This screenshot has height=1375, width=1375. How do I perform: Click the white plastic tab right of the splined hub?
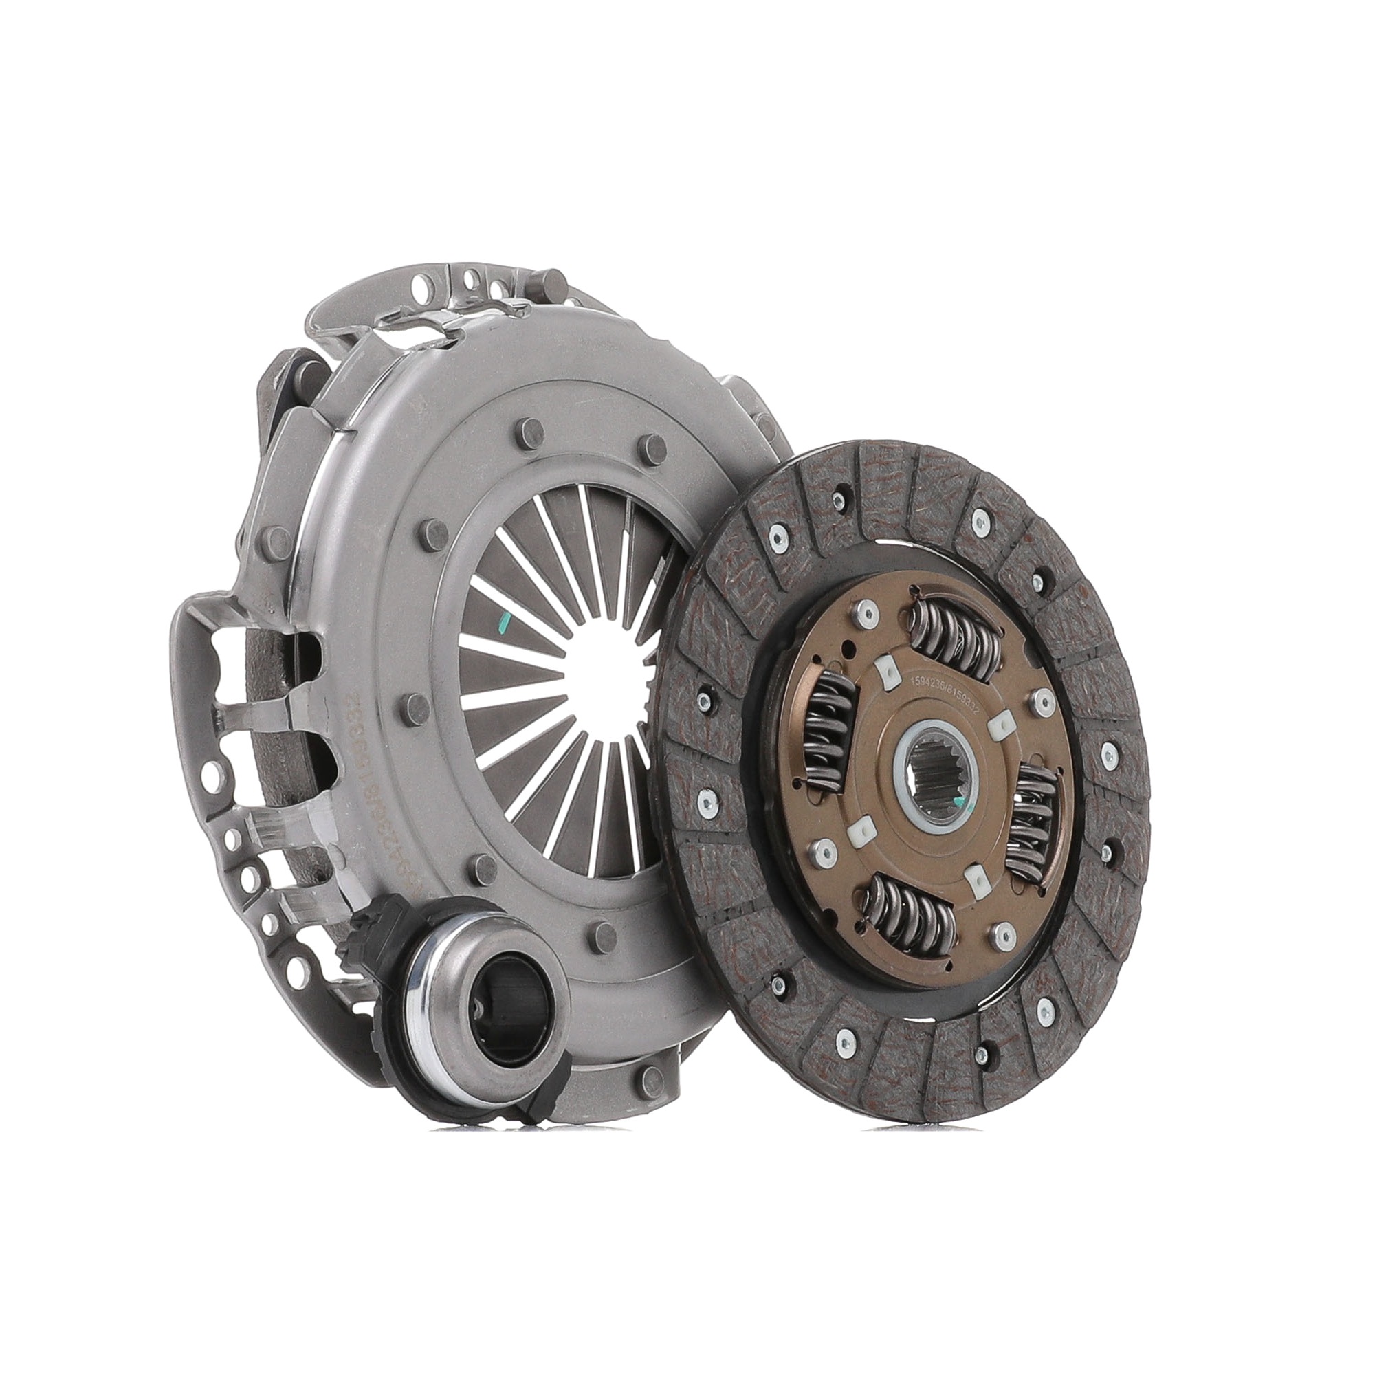coord(1000,726)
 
